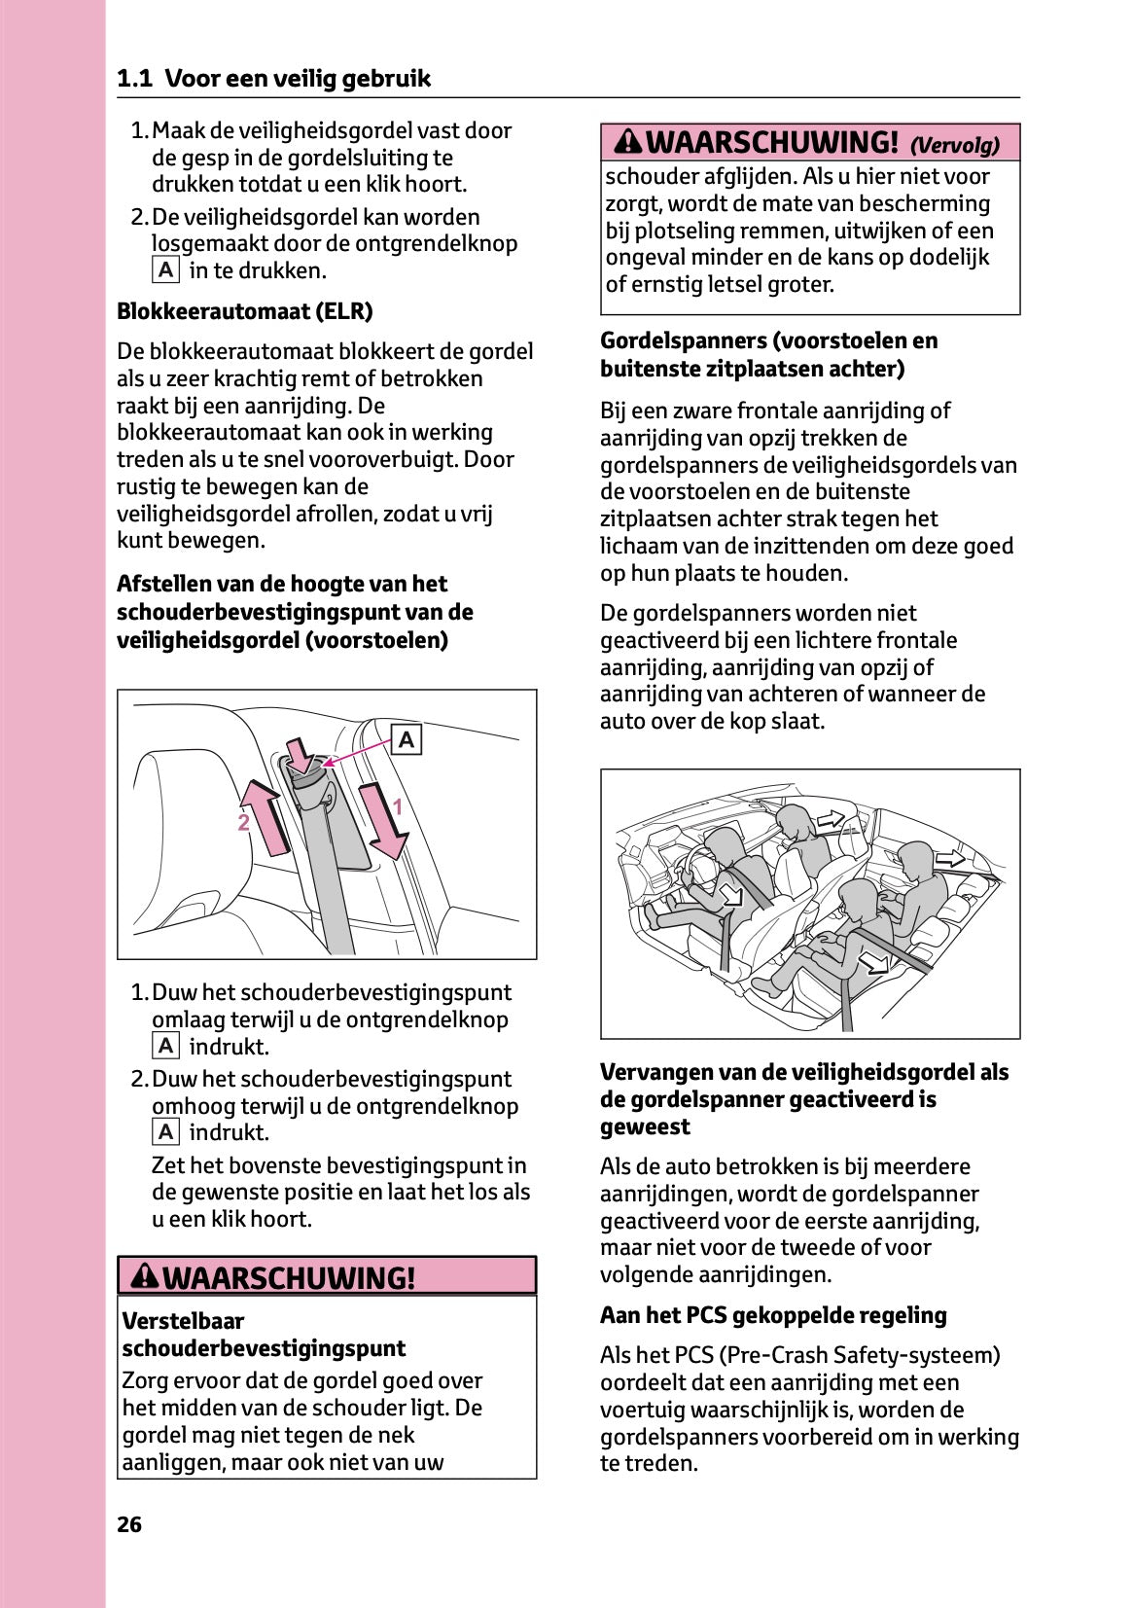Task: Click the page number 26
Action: coord(129,1524)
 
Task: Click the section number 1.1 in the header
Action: coord(134,79)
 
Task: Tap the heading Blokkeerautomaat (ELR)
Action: coord(244,311)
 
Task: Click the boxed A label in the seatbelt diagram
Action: coord(406,740)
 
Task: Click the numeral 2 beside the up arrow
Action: coord(243,823)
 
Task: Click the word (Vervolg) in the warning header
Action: coord(954,146)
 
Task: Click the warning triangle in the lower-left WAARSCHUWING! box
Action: coord(145,1276)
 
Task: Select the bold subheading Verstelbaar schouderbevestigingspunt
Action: coord(264,1335)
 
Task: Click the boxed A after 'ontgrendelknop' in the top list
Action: coord(166,270)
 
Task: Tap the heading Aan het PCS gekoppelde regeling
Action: coord(773,1315)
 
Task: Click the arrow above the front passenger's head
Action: coord(831,819)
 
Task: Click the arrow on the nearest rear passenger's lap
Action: coord(875,962)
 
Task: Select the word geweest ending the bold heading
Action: coord(644,1126)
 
